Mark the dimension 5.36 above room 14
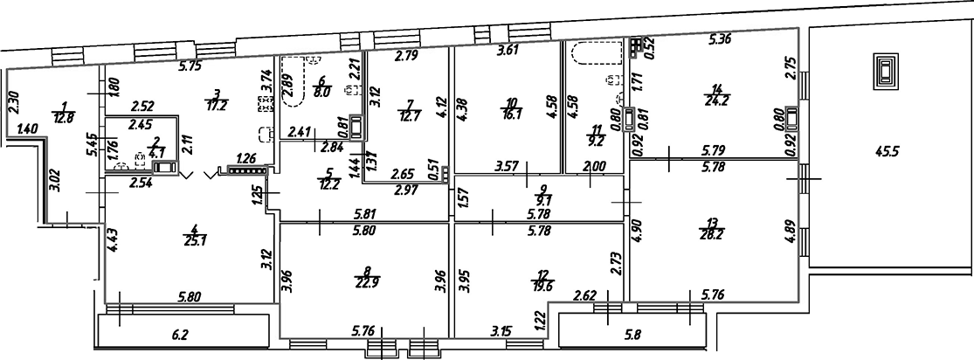[719, 39]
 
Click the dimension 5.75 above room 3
[190, 65]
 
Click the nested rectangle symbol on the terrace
[886, 70]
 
